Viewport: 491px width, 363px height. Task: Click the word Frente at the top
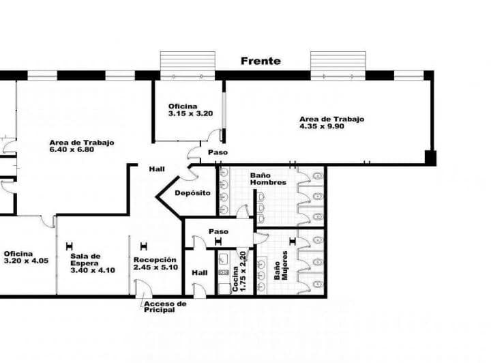pos(261,61)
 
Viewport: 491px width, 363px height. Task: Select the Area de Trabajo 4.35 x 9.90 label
pos(332,123)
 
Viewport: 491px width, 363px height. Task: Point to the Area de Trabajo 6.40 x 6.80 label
pos(80,146)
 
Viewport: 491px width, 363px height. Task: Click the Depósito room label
pos(192,193)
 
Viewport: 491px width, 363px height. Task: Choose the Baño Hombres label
pos(267,179)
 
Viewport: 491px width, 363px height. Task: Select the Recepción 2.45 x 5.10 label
pos(155,263)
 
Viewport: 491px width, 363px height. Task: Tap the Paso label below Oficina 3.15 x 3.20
pos(218,152)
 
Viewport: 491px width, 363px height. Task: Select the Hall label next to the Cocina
pos(200,272)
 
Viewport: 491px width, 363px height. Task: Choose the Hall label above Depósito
pos(157,169)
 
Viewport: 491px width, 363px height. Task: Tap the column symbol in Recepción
pos(143,246)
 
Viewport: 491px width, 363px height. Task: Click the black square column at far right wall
pos(430,158)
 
